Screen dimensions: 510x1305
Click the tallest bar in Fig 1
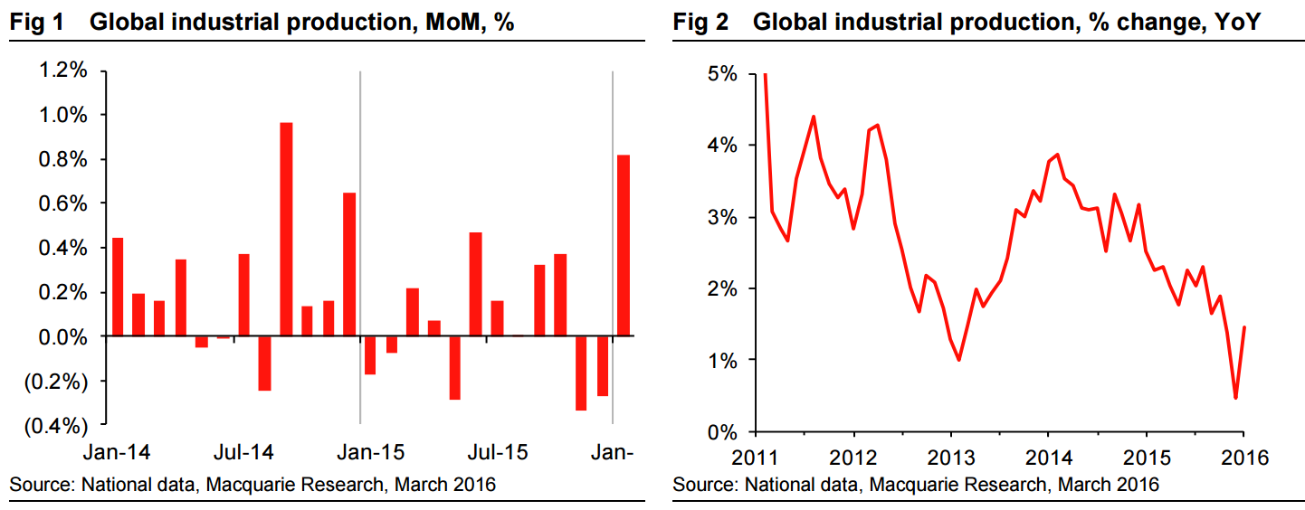click(x=286, y=230)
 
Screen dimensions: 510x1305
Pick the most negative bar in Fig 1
click(x=580, y=373)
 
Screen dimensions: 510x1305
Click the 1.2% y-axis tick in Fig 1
click(x=63, y=71)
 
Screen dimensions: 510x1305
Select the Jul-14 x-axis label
click(x=244, y=450)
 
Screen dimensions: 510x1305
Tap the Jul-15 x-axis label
click(x=497, y=450)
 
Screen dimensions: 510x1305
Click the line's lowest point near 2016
click(x=1235, y=398)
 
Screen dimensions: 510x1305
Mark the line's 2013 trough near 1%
click(x=958, y=360)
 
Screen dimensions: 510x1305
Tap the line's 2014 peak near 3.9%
click(x=1057, y=155)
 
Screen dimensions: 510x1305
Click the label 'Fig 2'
click(x=700, y=23)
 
